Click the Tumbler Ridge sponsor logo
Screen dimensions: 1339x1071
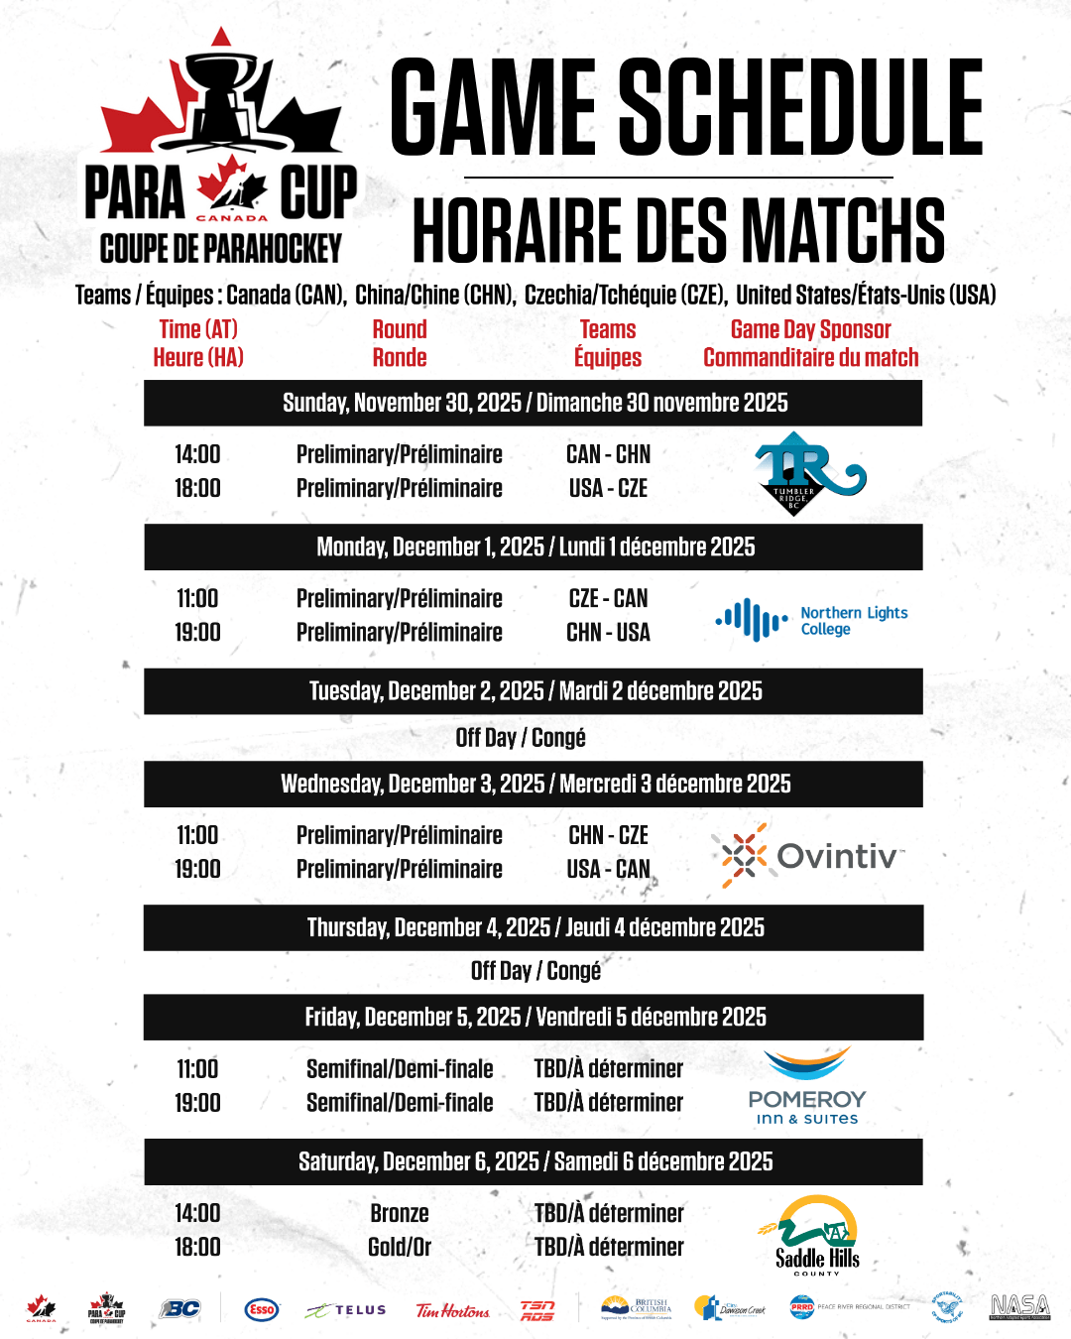(x=807, y=473)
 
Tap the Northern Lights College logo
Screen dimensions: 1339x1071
(x=811, y=620)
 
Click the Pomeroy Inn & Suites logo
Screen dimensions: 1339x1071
(x=806, y=1086)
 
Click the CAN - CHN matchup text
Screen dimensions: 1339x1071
(x=608, y=454)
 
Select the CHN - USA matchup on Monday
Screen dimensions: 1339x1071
(x=608, y=632)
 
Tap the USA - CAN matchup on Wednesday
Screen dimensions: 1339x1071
(x=608, y=869)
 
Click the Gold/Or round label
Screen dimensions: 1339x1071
(x=399, y=1247)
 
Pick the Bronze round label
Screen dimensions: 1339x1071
(x=399, y=1213)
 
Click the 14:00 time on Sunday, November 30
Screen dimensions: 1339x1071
(x=197, y=454)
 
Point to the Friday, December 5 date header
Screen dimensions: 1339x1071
(x=535, y=1017)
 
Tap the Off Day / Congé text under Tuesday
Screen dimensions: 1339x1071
(x=521, y=738)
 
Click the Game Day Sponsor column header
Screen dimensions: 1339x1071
(x=810, y=329)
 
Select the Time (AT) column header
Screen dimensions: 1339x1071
(x=198, y=329)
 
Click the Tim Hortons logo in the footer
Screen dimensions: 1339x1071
(x=452, y=1310)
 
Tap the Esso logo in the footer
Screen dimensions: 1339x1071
(x=262, y=1309)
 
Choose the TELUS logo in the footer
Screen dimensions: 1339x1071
(x=346, y=1310)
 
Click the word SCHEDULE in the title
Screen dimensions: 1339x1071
(x=801, y=106)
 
